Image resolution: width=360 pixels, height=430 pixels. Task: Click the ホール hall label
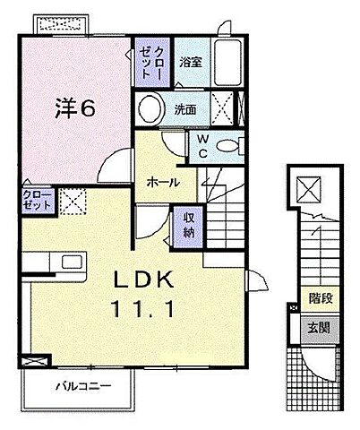162,182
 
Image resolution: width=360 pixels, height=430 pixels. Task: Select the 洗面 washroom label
184,110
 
